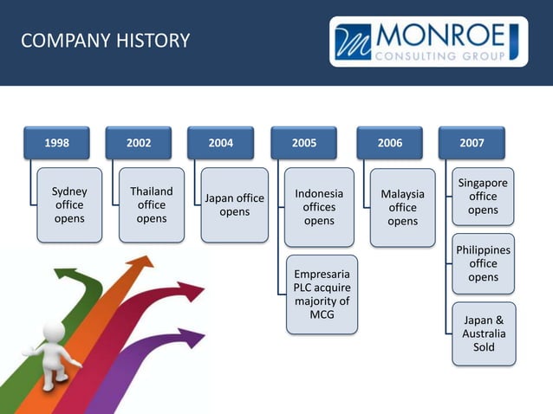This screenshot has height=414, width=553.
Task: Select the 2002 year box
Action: point(138,143)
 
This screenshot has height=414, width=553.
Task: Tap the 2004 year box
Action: point(220,143)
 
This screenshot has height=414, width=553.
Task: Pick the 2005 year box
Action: point(303,143)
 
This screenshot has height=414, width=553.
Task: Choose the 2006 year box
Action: point(389,143)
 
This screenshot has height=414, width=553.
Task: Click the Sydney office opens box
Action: point(69,205)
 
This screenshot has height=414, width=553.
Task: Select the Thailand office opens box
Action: point(151,205)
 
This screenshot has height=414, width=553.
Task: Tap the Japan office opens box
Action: point(234,205)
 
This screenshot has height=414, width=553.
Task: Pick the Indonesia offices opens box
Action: point(319,207)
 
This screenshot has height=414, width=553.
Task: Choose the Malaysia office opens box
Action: point(402,207)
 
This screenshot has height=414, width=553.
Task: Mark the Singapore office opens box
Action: point(483,197)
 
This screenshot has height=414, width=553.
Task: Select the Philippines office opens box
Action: point(483,263)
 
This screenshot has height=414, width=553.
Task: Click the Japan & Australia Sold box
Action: point(484,333)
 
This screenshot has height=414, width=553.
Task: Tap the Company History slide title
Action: point(104,41)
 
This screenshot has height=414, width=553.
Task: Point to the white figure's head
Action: point(55,332)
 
